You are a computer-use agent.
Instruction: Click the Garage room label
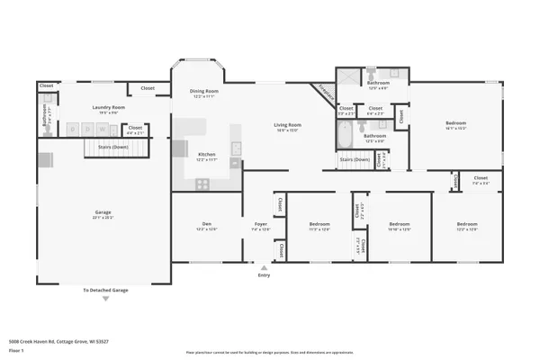(x=103, y=213)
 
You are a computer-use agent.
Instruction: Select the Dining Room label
(x=203, y=91)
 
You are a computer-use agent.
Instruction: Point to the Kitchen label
(x=207, y=154)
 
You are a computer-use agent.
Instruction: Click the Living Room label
(x=288, y=125)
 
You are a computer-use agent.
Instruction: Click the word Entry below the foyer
(x=264, y=274)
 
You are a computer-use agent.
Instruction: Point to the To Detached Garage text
(x=105, y=291)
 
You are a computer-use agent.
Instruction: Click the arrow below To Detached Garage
(x=105, y=300)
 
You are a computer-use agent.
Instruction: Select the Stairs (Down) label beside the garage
(x=106, y=146)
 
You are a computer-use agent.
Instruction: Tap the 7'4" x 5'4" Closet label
(x=481, y=180)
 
